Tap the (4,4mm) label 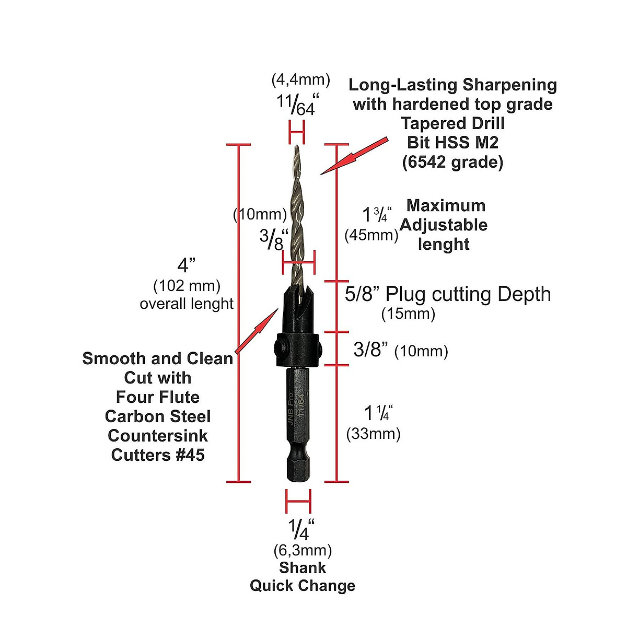(x=300, y=79)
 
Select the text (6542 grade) (x=452, y=162)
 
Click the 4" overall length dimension (x=186, y=265)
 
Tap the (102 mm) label (x=187, y=286)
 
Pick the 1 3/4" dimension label (x=377, y=214)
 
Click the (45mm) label (x=371, y=235)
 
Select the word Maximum (x=446, y=205)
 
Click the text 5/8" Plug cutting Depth (x=448, y=294)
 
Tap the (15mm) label (x=408, y=313)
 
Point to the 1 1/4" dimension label (x=378, y=413)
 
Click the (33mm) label (x=373, y=434)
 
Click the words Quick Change (x=302, y=585)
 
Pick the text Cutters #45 (x=158, y=455)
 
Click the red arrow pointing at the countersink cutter (x=256, y=330)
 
